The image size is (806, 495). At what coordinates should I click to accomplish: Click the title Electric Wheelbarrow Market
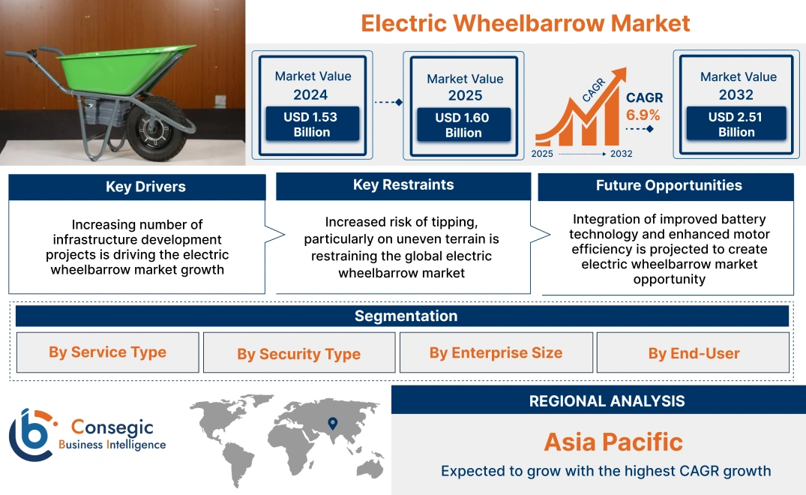click(525, 22)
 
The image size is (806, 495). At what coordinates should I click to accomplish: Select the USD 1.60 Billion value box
click(463, 125)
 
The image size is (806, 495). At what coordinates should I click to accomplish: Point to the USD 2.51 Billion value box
click(736, 124)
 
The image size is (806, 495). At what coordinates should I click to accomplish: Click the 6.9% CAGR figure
click(643, 115)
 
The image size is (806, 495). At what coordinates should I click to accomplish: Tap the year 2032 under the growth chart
click(621, 154)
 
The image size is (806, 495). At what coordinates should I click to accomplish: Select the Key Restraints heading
click(403, 184)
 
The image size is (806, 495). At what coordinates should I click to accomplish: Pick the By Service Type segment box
click(107, 352)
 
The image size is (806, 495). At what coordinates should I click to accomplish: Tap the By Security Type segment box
click(298, 354)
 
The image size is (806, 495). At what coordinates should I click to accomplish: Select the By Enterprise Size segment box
click(496, 352)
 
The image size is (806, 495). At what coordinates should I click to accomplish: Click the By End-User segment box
click(694, 353)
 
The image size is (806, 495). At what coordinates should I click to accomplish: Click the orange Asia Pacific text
click(613, 442)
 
